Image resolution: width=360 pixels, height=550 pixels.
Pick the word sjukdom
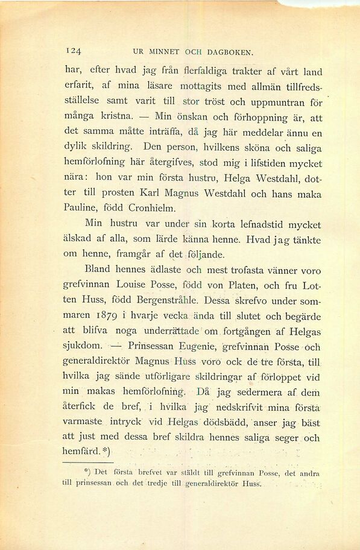pos(82,346)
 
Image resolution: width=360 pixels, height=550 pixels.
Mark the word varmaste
pos(82,421)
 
